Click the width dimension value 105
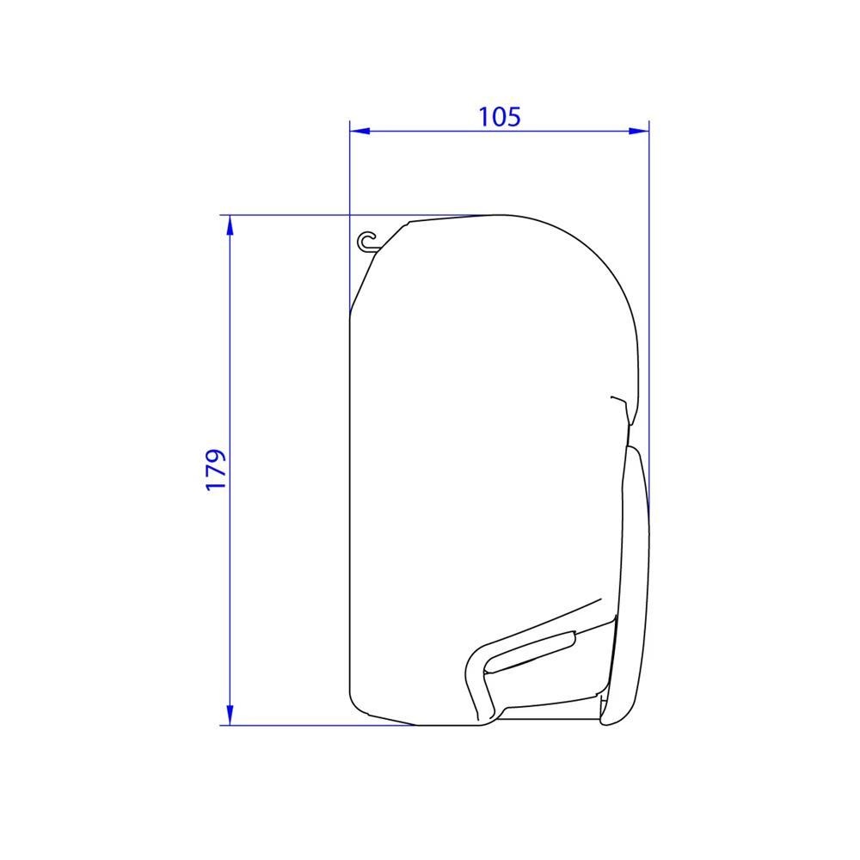pyautogui.click(x=500, y=115)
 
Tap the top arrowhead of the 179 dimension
pyautogui.click(x=230, y=225)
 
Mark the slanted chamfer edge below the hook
pyautogui.click(x=365, y=279)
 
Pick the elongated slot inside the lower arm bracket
pyautogui.click(x=529, y=651)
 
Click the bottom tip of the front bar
pyautogui.click(x=612, y=722)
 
